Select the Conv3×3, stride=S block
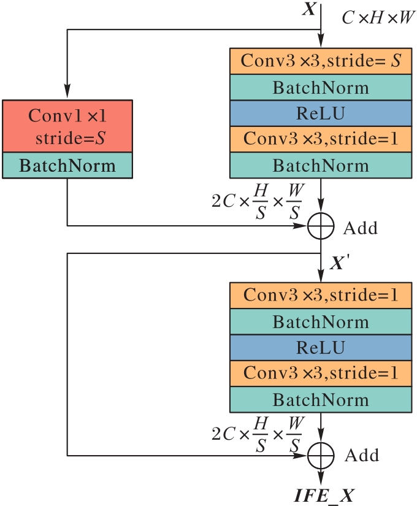point(321,61)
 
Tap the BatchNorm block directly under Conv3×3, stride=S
point(321,88)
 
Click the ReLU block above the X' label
point(321,113)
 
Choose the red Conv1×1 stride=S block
point(67,126)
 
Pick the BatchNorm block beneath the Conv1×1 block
point(67,165)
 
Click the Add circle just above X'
point(321,226)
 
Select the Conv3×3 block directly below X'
point(321,296)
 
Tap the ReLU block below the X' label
point(321,348)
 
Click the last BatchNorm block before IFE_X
point(321,400)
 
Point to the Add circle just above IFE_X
point(321,455)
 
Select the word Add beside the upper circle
point(361,228)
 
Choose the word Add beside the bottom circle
point(361,456)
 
